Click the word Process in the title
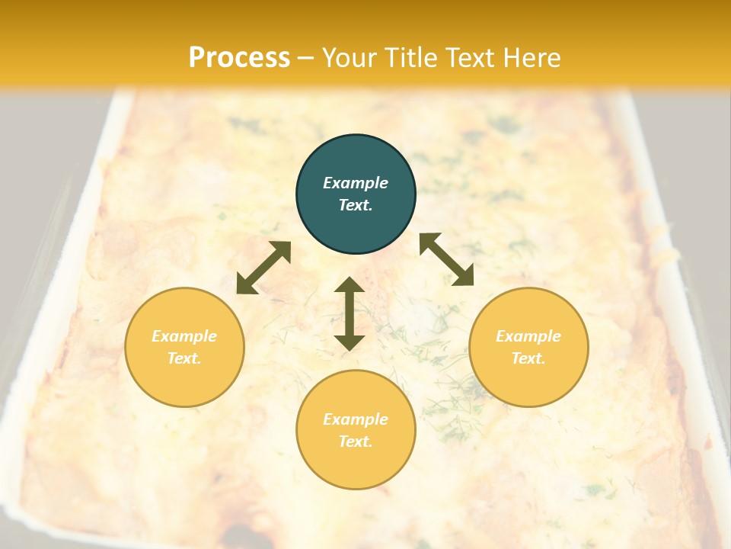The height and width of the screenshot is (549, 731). pyautogui.click(x=239, y=58)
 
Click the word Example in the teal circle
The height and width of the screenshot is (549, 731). pyautogui.click(x=356, y=183)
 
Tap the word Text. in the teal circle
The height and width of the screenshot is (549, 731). pyautogui.click(x=356, y=205)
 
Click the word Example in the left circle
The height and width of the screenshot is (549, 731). pyautogui.click(x=184, y=336)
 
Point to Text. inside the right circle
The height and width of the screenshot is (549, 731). pyautogui.click(x=528, y=358)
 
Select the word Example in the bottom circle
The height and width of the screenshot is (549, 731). pyautogui.click(x=356, y=419)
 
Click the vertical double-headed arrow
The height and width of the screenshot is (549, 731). pyautogui.click(x=350, y=313)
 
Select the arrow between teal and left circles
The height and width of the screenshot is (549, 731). pyautogui.click(x=263, y=268)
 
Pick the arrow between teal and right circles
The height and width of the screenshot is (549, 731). pyautogui.click(x=446, y=259)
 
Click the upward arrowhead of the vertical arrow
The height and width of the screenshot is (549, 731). pyautogui.click(x=350, y=285)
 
